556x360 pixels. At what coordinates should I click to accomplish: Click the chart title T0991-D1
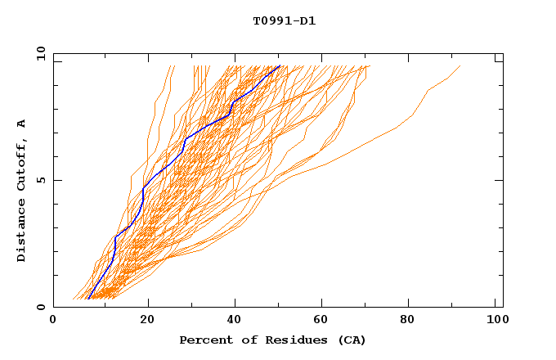click(x=284, y=21)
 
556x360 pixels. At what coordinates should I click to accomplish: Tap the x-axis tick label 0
click(x=53, y=320)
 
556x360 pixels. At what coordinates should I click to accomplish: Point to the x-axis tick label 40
click(x=235, y=320)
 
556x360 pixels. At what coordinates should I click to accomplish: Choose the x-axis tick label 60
click(x=324, y=320)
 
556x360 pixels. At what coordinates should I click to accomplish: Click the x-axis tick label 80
click(x=412, y=320)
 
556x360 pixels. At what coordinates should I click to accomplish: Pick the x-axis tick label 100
click(x=496, y=320)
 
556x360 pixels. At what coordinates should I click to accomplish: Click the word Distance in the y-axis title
click(x=22, y=232)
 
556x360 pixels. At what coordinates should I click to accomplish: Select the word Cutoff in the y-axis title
click(x=22, y=167)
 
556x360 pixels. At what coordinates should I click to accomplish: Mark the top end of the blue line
click(x=280, y=65)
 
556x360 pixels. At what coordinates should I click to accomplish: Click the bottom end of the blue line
click(x=87, y=299)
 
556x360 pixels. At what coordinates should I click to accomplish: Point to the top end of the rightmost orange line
click(x=460, y=65)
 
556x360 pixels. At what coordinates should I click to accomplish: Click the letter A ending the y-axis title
click(x=22, y=123)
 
